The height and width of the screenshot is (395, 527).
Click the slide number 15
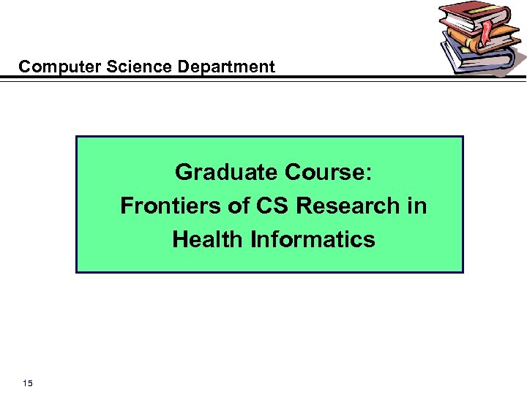tap(27, 383)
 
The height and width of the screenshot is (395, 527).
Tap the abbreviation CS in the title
tap(272, 206)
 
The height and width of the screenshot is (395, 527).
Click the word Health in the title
tap(209, 240)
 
